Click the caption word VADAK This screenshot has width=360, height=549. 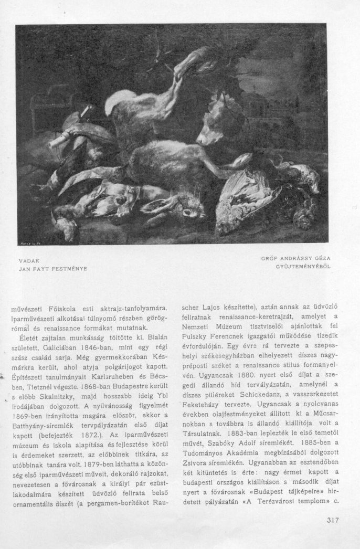[29, 260]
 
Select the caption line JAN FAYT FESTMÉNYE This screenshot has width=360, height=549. [52, 268]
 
